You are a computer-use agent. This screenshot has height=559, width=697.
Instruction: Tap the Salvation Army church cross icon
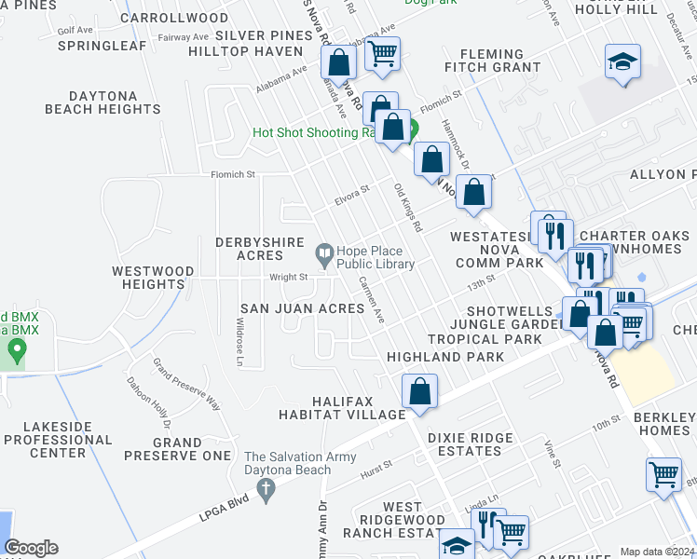[266, 490]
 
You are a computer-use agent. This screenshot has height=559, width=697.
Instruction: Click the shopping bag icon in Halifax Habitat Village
[420, 391]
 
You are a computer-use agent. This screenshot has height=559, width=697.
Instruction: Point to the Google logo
[31, 548]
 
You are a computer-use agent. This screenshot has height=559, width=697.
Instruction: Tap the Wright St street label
[289, 277]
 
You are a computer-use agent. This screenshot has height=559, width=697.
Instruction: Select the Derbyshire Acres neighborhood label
[249, 249]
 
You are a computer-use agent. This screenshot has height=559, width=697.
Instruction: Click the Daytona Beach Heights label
[102, 102]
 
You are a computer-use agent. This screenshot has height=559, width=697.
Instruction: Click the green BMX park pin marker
[15, 350]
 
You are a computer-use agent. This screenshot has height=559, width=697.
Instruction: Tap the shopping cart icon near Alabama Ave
[382, 54]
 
